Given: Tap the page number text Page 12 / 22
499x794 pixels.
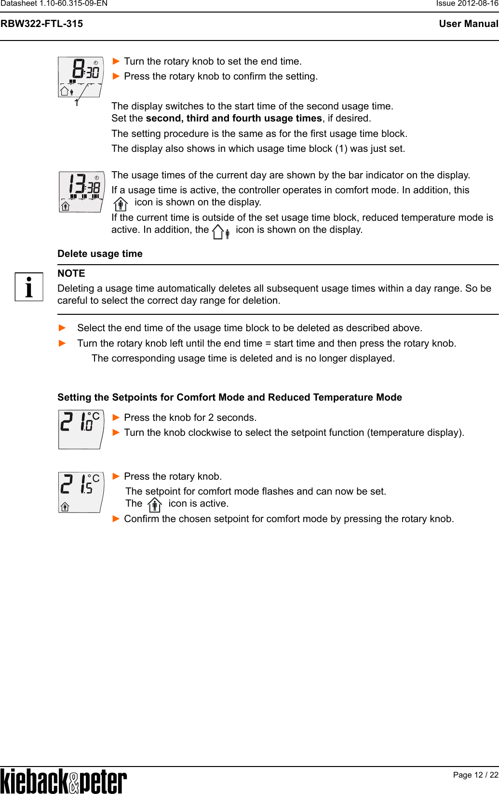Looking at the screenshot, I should [475, 775].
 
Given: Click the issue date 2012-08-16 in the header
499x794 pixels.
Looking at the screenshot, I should [479, 3].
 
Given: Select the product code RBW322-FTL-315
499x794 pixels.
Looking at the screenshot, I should [42, 24].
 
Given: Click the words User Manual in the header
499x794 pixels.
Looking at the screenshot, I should [468, 24].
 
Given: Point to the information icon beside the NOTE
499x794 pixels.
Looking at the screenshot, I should [29, 287].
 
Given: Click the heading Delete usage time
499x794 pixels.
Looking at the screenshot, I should [100, 254].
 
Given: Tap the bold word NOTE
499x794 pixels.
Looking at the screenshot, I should [71, 273].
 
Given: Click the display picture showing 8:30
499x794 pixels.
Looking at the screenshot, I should [81, 77].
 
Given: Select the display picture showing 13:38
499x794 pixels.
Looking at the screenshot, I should [81, 191].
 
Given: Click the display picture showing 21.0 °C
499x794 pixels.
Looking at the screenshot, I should [81, 429].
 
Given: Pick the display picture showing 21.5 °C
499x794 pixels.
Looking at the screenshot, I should [81, 492].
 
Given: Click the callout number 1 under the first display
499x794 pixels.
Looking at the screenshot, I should [76, 103].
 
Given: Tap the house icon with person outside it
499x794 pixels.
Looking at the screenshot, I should [221, 232].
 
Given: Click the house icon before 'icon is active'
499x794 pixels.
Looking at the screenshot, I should [154, 505].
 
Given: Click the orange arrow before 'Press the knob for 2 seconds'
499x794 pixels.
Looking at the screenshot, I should [116, 417].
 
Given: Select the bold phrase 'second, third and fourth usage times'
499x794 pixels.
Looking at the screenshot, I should [234, 118].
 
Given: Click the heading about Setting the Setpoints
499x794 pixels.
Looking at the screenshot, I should [229, 397].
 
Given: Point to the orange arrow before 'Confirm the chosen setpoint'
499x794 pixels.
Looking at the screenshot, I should [116, 519].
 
